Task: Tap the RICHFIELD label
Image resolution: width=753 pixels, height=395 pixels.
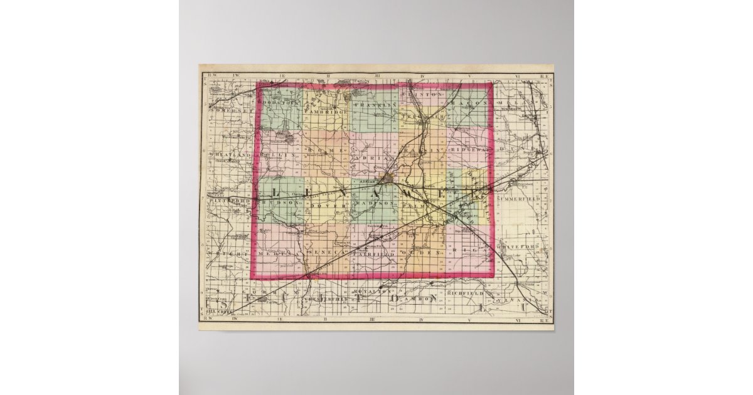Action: point(466,293)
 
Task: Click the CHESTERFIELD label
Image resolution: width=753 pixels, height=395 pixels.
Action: point(326,300)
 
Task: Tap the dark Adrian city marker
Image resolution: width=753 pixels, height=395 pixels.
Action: point(390,179)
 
